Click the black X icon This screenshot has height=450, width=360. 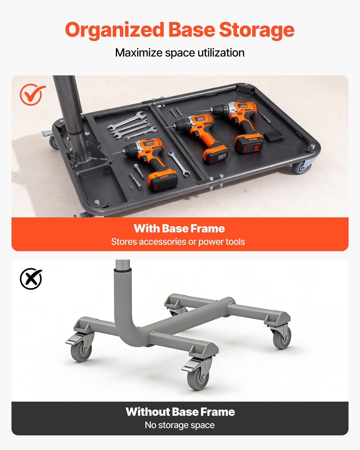point(31,278)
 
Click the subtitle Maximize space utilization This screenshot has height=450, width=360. point(180,53)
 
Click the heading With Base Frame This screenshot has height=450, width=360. point(179,228)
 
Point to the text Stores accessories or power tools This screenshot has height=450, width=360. point(178,242)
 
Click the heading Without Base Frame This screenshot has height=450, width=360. point(180,412)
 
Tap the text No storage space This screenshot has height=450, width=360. point(180,425)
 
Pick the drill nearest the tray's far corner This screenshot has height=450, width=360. point(239,121)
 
